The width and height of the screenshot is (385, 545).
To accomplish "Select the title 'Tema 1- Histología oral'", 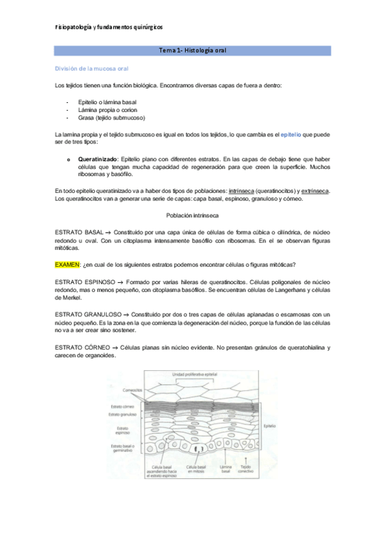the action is click(192, 50).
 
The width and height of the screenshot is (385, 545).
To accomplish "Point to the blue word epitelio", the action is click(292, 133).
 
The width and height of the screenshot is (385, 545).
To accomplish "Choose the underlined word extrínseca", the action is click(314, 190).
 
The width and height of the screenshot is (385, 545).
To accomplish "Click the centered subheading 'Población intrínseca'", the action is click(192, 214).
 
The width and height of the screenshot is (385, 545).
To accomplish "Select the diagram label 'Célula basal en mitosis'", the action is click(196, 469).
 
